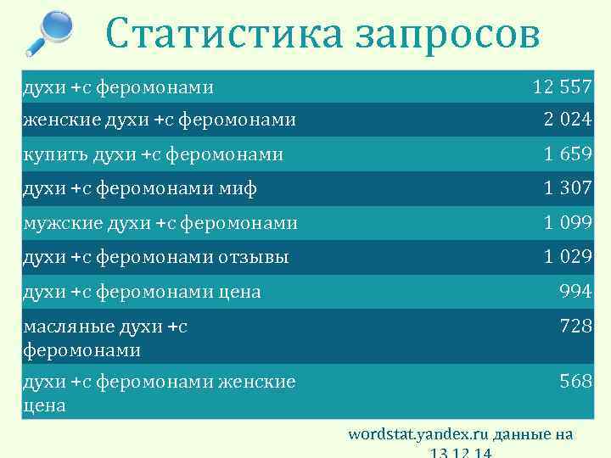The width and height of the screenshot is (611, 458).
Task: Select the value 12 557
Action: tap(562, 87)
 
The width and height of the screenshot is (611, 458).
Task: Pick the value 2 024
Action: tap(568, 120)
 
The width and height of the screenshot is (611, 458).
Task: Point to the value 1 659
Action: tap(568, 154)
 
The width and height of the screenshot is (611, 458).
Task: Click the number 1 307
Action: tap(568, 188)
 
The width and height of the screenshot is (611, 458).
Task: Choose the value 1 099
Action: tap(568, 223)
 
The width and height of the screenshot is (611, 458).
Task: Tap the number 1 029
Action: tap(568, 257)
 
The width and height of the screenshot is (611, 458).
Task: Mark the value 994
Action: tap(575, 292)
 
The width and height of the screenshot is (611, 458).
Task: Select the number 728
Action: tap(575, 326)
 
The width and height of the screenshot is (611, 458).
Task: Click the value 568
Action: tap(575, 382)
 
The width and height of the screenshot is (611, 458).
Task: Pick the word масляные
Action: tap(63, 327)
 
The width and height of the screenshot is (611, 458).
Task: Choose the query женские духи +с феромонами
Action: tap(160, 120)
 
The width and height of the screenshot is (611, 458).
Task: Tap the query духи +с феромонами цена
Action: tap(142, 292)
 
